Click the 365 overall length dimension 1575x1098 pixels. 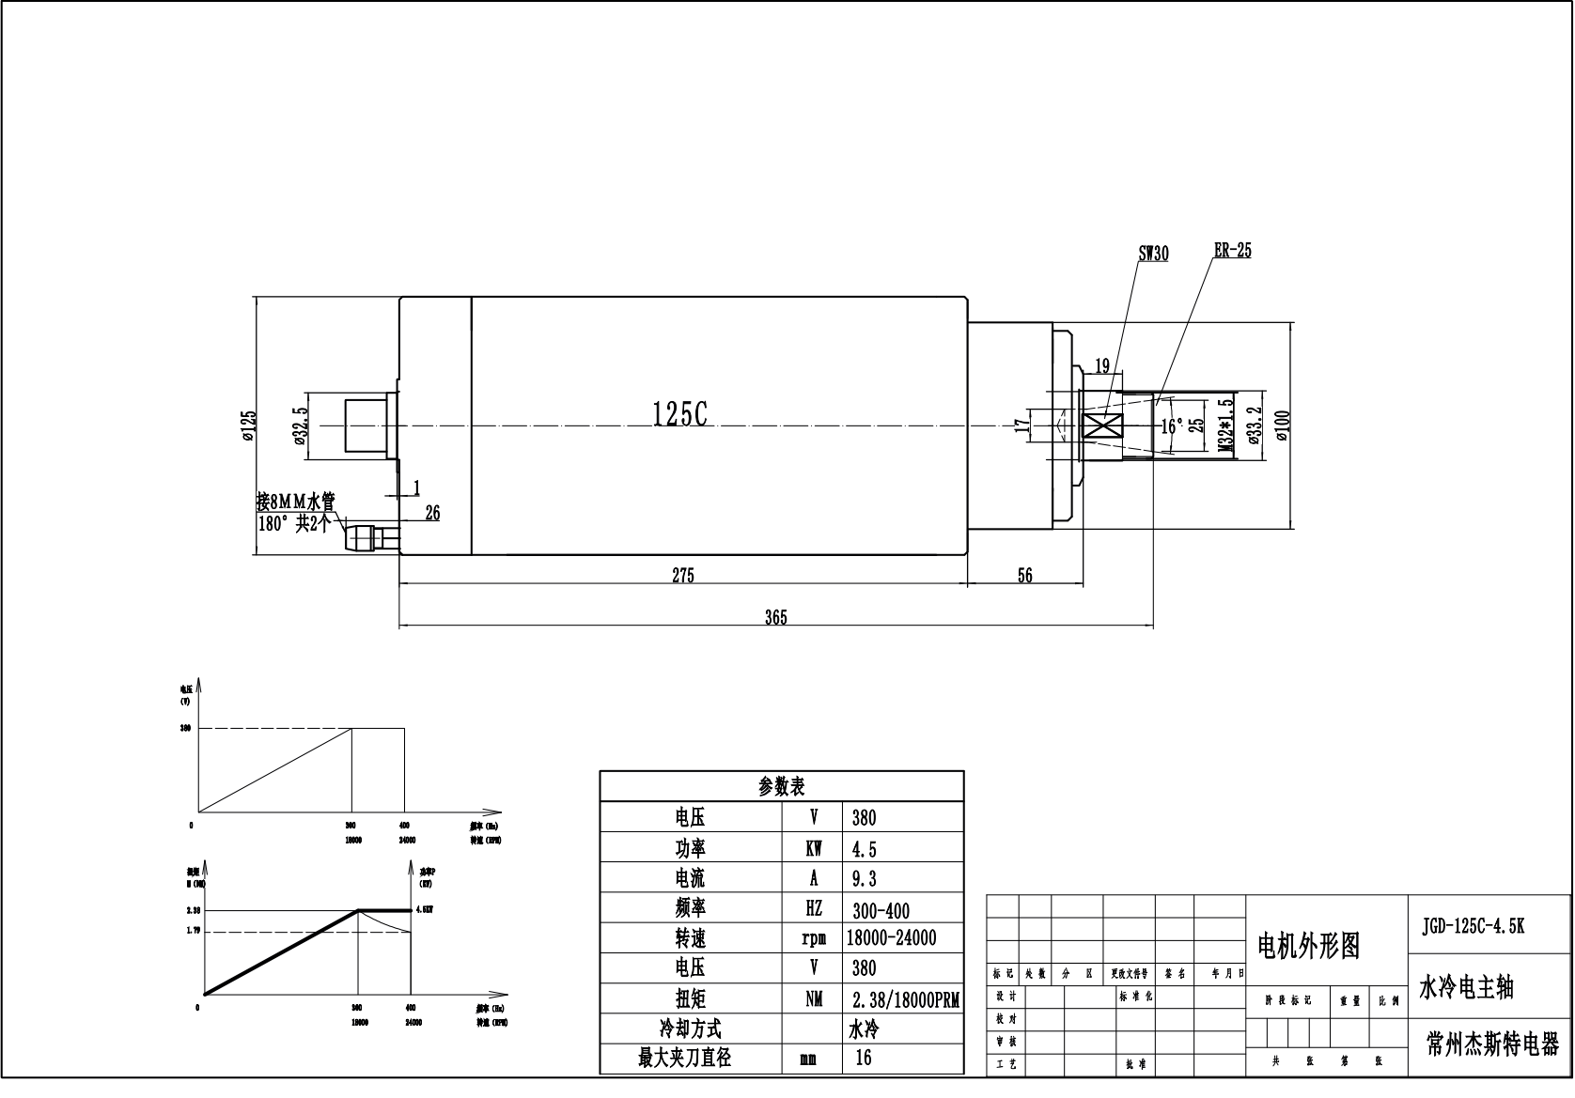pyautogui.click(x=775, y=617)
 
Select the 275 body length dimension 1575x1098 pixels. pyautogui.click(x=683, y=576)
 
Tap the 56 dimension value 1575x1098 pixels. pyautogui.click(x=1024, y=576)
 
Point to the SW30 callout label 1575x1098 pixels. pyautogui.click(x=1153, y=254)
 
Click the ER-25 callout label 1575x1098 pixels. pyautogui.click(x=1232, y=251)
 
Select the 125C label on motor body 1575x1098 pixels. pyautogui.click(x=679, y=414)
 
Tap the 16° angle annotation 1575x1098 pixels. pyautogui.click(x=1172, y=425)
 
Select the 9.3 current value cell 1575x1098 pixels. pyautogui.click(x=864, y=878)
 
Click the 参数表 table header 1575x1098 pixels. pyautogui.click(x=781, y=786)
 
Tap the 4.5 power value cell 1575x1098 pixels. pyautogui.click(x=864, y=849)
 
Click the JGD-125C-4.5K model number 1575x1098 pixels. pyautogui.click(x=1474, y=924)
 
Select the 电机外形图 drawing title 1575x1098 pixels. pyautogui.click(x=1309, y=946)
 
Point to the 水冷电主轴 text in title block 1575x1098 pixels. pyautogui.click(x=1466, y=987)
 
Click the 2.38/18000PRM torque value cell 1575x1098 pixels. pyautogui.click(x=905, y=1000)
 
